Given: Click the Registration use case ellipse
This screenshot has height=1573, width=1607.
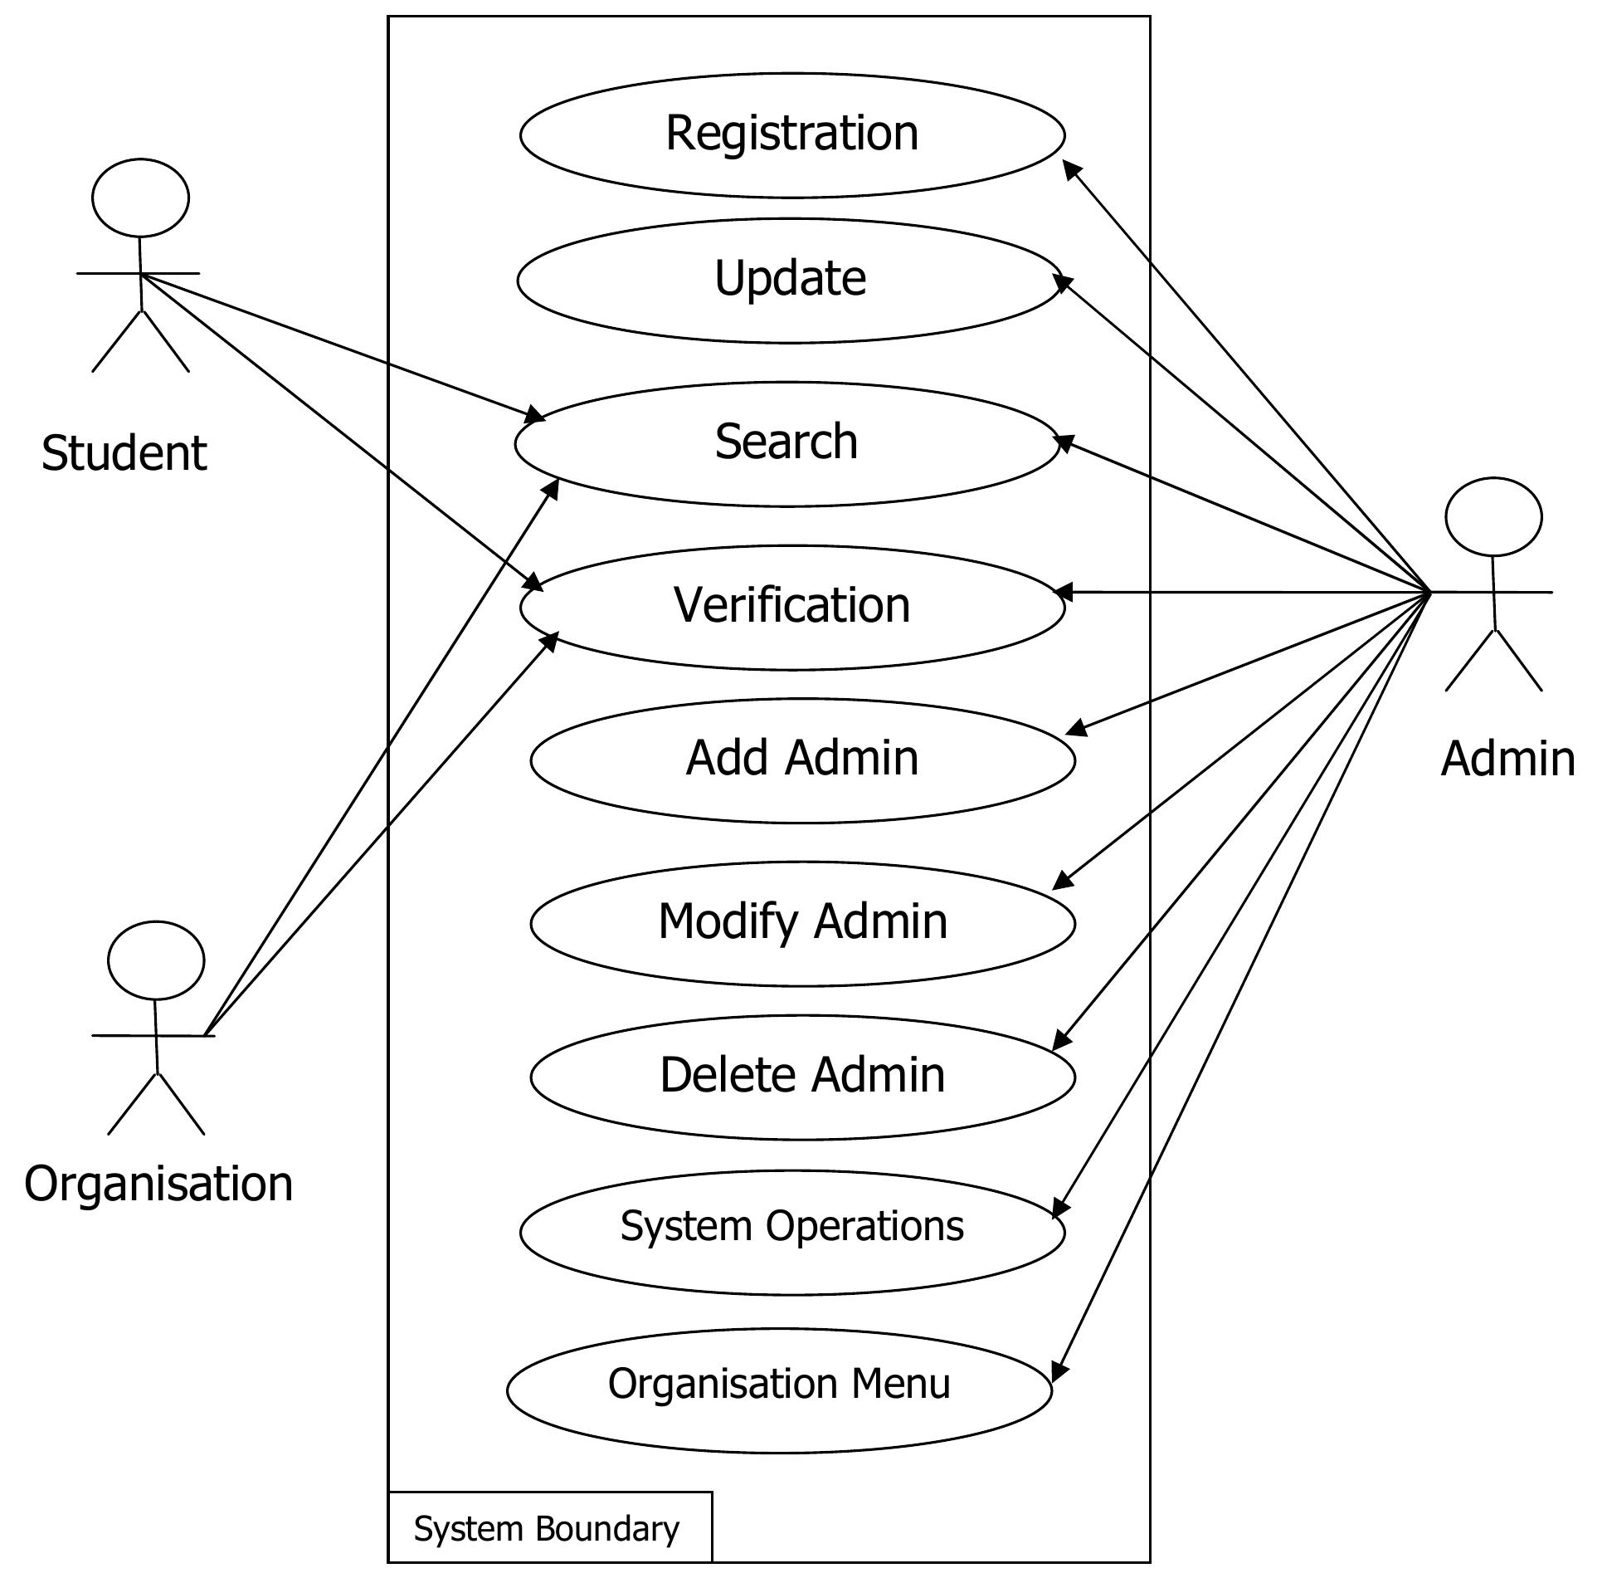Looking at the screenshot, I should pyautogui.click(x=791, y=134).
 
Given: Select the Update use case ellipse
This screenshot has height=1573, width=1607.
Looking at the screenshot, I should pyautogui.click(x=789, y=280).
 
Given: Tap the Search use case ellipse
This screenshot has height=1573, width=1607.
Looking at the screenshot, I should pyautogui.click(x=786, y=443).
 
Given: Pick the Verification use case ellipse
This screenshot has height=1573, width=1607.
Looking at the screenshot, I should pyautogui.click(x=791, y=607).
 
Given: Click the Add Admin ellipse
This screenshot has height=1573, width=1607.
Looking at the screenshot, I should pyautogui.click(x=802, y=760).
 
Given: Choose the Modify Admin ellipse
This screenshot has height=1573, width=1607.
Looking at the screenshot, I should pyautogui.click(x=802, y=923).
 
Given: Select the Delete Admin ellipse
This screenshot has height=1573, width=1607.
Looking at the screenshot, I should pyautogui.click(x=802, y=1077).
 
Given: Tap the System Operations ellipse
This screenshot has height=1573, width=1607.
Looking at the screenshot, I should pyautogui.click(x=791, y=1231).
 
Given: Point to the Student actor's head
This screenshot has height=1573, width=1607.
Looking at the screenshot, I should pyautogui.click(x=140, y=198).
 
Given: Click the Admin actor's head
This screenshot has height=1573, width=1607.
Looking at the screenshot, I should pyautogui.click(x=1493, y=516).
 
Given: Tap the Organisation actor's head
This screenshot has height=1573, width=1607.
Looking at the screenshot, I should pyautogui.click(x=156, y=960).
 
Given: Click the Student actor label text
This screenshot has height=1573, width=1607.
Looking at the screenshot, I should pyautogui.click(x=124, y=453).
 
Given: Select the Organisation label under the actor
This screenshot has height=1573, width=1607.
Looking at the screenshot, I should pyautogui.click(x=158, y=1184).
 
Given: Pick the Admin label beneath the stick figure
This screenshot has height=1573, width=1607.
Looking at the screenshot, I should pyautogui.click(x=1507, y=759).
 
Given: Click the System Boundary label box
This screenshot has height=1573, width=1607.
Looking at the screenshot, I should pyautogui.click(x=549, y=1528).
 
